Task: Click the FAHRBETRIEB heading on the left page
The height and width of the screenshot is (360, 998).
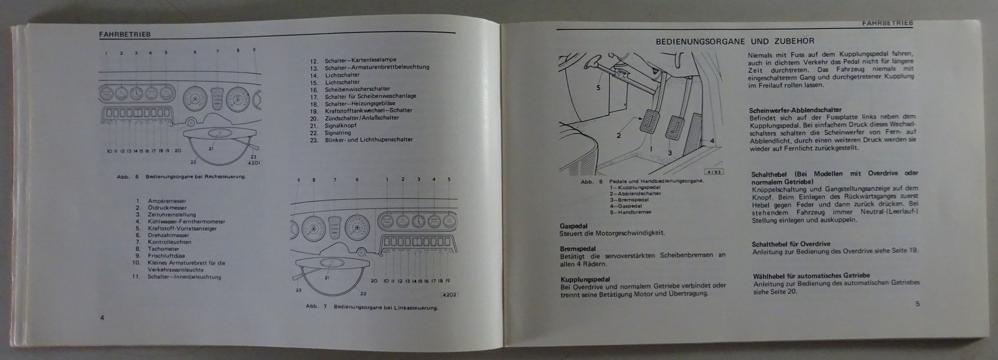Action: point(125,35)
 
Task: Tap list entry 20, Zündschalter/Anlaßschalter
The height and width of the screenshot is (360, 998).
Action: point(362,118)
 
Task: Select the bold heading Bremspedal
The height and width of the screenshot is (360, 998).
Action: point(578,248)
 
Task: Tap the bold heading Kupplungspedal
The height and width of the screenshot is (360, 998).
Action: point(585,280)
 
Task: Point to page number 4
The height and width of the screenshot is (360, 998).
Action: point(102,318)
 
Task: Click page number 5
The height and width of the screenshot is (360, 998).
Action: point(918,304)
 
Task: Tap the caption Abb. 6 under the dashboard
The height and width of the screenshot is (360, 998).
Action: point(181,177)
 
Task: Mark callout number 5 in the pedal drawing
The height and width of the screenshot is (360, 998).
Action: point(598,88)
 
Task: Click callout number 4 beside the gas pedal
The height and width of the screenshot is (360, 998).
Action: point(711,141)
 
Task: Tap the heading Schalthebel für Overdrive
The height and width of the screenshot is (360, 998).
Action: point(791,244)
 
